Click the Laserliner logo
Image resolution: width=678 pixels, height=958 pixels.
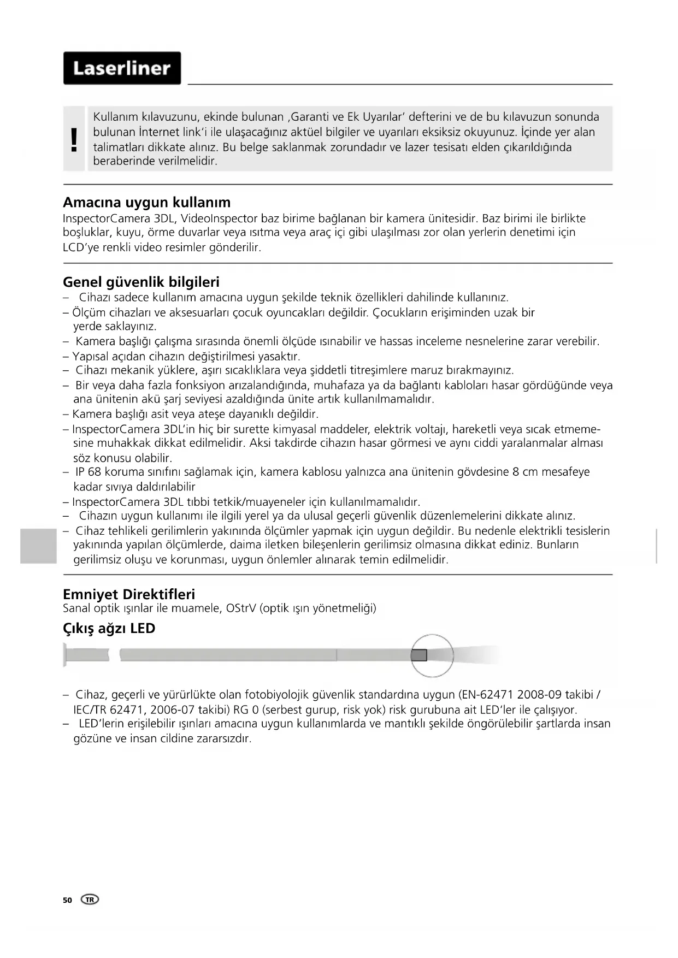[122, 68]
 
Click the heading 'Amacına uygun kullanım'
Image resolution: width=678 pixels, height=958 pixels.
[146, 203]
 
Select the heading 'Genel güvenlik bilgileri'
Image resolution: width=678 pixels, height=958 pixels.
[141, 282]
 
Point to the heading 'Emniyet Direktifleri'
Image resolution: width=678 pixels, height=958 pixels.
[129, 594]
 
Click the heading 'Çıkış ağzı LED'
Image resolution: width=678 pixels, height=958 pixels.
[109, 629]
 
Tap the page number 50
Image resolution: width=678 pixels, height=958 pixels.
[67, 900]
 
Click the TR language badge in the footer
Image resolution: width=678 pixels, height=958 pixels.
[90, 900]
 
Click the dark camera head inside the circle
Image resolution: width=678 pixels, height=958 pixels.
[419, 655]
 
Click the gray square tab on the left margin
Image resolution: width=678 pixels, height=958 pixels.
[38, 546]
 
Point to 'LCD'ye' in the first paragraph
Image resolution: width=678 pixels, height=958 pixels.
[81, 247]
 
